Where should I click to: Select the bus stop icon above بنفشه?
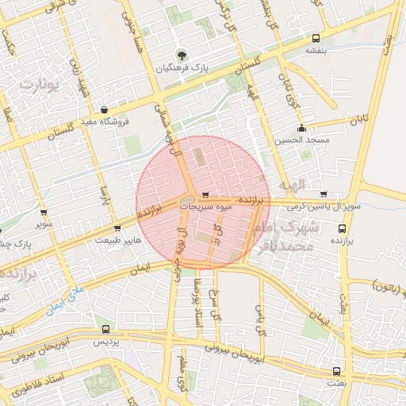(x=316, y=38)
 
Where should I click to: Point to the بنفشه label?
(x=316, y=50)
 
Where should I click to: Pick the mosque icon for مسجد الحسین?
(x=301, y=128)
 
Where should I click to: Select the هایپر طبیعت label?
(x=119, y=239)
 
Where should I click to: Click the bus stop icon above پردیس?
(x=106, y=328)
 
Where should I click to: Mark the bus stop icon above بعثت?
(x=338, y=370)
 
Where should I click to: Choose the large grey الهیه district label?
(x=292, y=186)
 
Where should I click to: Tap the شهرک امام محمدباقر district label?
(x=286, y=236)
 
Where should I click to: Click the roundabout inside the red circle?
(x=189, y=201)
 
